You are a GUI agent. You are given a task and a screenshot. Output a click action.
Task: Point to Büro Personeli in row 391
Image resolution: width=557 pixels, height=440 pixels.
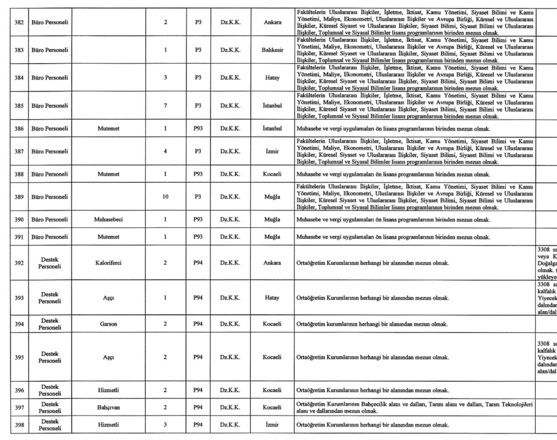(x=49, y=237)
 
